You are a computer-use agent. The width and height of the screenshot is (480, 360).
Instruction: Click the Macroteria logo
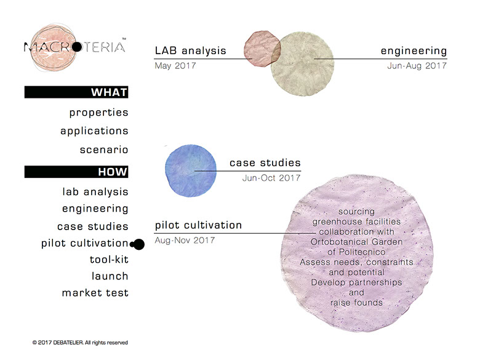[75, 47]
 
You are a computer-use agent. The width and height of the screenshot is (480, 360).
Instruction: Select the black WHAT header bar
[76, 92]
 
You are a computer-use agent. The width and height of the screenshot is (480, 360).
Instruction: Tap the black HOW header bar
[76, 172]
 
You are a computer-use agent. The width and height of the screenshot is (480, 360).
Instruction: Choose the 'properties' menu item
[98, 113]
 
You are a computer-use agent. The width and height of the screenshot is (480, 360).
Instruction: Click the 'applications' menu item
[94, 131]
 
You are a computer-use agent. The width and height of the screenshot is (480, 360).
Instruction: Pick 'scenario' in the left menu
[104, 150]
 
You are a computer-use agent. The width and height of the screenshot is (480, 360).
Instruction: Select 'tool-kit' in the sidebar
[109, 260]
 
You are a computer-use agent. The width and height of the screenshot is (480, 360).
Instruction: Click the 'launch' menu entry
[110, 276]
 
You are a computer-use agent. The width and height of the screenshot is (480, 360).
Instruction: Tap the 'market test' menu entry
[95, 293]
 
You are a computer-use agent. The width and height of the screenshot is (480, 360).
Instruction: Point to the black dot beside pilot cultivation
[138, 244]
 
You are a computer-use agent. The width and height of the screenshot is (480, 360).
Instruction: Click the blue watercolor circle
[191, 170]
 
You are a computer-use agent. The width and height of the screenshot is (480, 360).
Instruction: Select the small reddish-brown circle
[262, 49]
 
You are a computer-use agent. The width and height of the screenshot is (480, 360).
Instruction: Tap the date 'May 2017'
[175, 66]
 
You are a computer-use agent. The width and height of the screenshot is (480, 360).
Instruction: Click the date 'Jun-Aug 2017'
[417, 66]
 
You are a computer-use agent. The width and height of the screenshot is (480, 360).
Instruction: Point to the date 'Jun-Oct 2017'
[271, 178]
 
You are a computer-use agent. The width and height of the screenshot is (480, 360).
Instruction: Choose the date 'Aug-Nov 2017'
[185, 240]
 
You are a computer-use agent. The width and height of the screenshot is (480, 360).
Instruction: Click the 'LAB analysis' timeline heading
[190, 50]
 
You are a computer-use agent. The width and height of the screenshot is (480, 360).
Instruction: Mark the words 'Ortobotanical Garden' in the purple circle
[356, 242]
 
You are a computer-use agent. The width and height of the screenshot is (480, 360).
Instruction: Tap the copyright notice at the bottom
[80, 343]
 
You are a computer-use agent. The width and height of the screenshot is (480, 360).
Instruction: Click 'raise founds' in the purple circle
[357, 303]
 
